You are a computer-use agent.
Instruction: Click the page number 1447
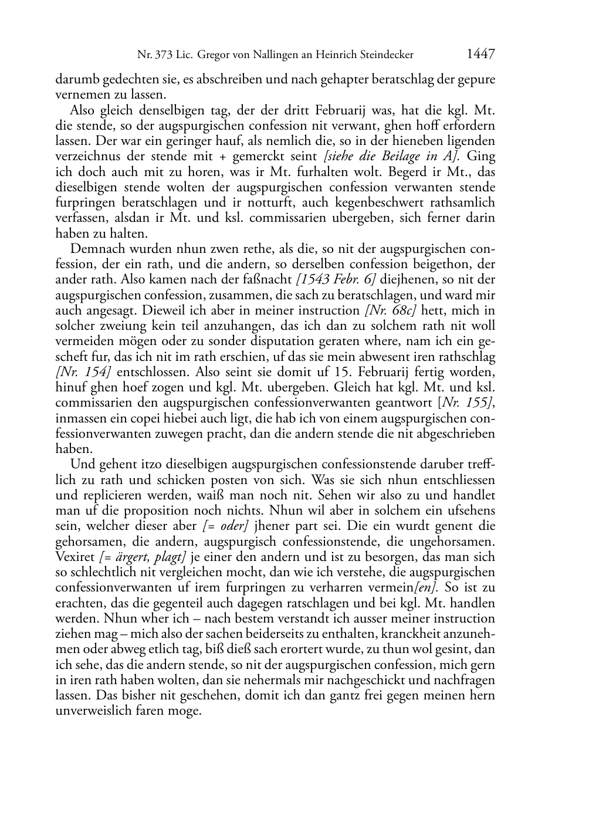pyautogui.click(x=481, y=54)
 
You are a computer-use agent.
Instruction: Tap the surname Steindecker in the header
pyautogui.click(x=384, y=55)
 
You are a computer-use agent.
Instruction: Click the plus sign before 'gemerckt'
pyautogui.click(x=222, y=157)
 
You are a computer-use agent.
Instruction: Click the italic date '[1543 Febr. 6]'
pyautogui.click(x=336, y=279)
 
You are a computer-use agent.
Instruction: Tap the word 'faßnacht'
pyautogui.click(x=271, y=280)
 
